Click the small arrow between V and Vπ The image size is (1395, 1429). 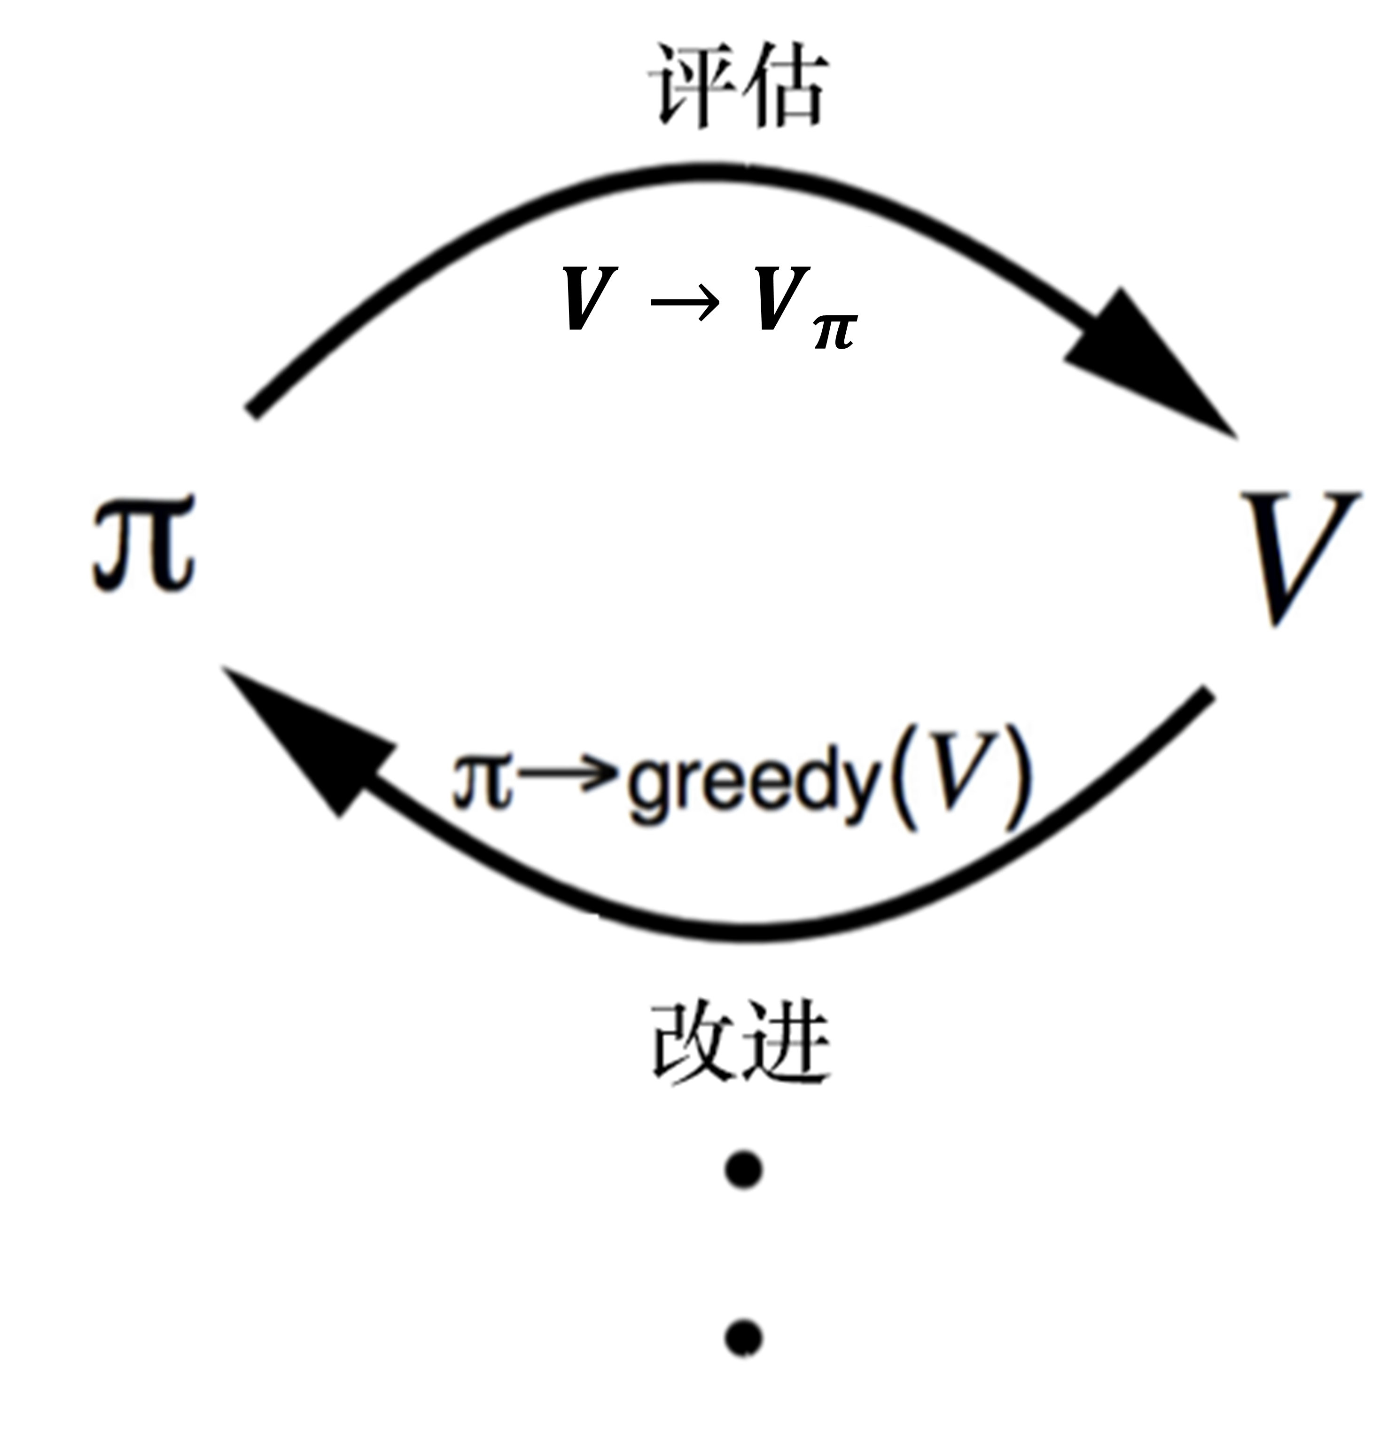(x=685, y=300)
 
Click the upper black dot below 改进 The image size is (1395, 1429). (x=744, y=1169)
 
